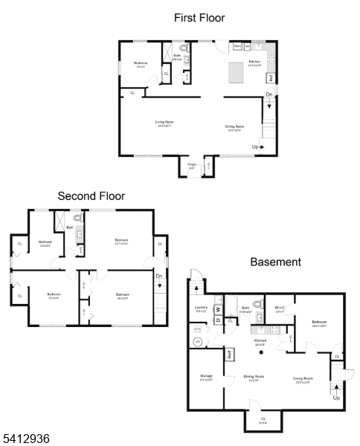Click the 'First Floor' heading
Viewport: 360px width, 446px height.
click(199, 17)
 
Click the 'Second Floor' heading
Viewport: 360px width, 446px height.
click(91, 196)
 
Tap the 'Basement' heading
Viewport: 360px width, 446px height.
click(275, 262)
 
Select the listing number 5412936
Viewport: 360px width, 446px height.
click(25, 439)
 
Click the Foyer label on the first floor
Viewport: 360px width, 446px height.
click(192, 164)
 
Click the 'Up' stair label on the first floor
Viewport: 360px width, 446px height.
click(257, 147)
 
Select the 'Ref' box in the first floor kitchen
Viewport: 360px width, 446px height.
click(271, 77)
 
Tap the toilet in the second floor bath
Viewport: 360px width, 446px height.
click(78, 219)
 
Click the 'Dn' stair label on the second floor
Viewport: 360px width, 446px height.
click(159, 277)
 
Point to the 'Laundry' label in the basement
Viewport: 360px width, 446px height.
click(200, 307)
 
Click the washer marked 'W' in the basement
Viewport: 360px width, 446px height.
click(218, 309)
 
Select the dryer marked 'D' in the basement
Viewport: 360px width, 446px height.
click(218, 320)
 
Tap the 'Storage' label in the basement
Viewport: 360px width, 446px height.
click(207, 376)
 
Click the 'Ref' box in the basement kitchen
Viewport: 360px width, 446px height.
click(231, 355)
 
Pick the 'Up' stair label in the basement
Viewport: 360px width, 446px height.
click(336, 398)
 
